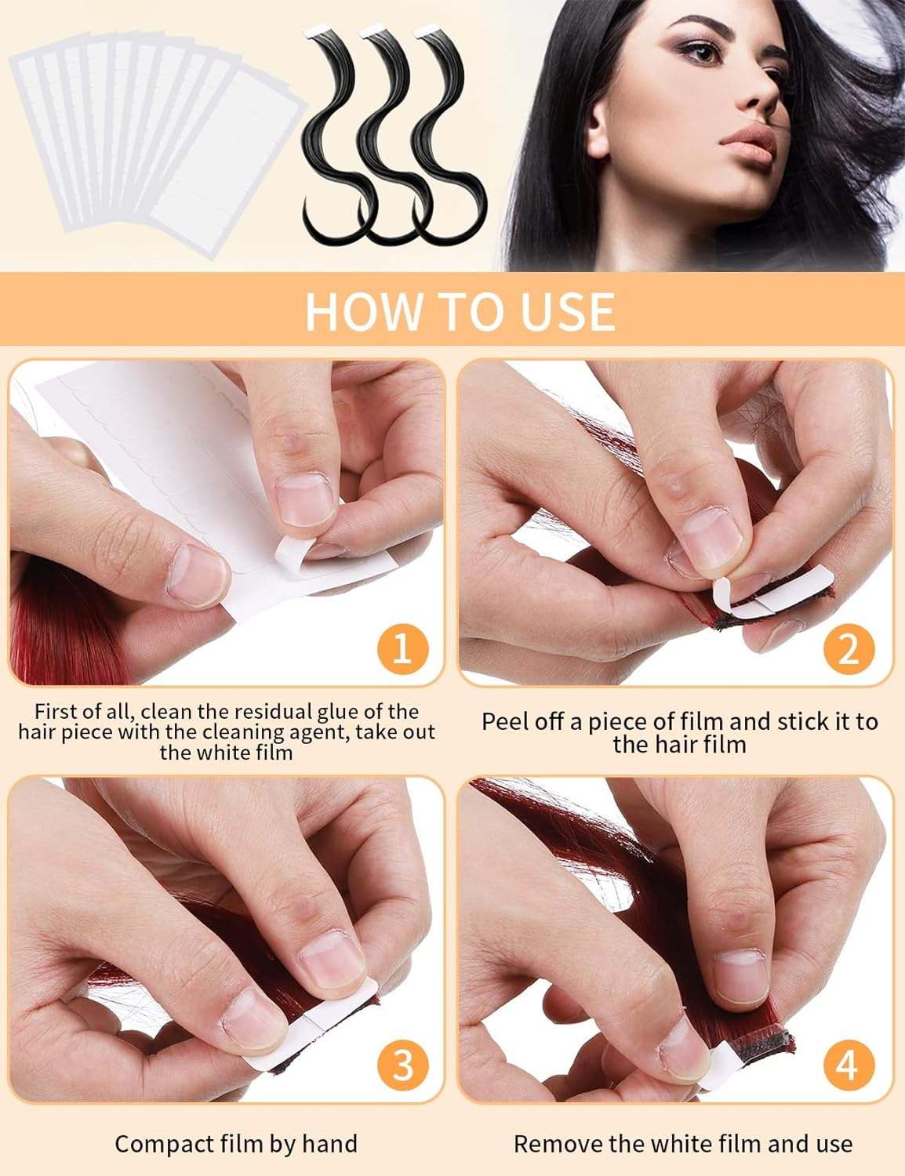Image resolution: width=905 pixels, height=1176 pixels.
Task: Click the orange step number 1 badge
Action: pyautogui.click(x=402, y=648)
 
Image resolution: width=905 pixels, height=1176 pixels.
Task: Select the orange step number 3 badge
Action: pyautogui.click(x=402, y=1065)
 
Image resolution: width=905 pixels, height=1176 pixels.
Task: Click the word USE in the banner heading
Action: pyautogui.click(x=571, y=311)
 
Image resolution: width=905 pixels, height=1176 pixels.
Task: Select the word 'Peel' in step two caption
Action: pyautogui.click(x=505, y=722)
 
